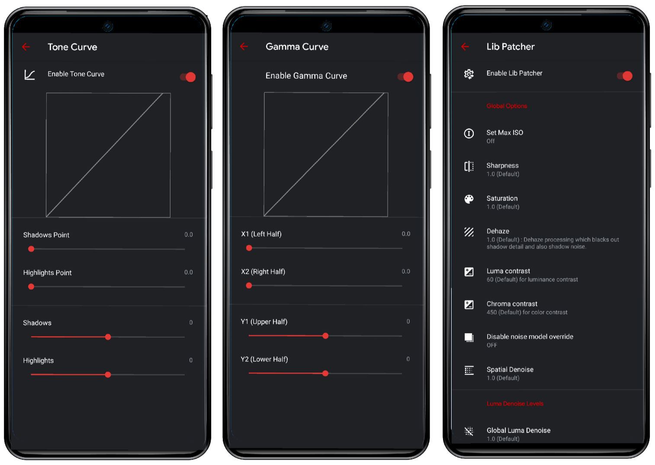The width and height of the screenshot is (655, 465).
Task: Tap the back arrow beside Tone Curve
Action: (x=26, y=47)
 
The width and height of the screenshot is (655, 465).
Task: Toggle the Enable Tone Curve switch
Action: (x=188, y=77)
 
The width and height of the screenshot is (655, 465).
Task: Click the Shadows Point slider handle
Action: (x=31, y=249)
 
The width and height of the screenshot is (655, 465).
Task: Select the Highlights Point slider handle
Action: (x=31, y=287)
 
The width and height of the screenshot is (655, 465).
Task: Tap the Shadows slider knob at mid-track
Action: (x=108, y=337)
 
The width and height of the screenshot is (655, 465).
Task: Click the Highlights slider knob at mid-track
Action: (x=108, y=375)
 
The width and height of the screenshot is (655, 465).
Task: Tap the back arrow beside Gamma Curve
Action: (x=244, y=46)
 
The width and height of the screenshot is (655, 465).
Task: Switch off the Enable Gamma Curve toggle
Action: (x=405, y=77)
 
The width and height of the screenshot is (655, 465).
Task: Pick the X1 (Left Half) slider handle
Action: (x=249, y=248)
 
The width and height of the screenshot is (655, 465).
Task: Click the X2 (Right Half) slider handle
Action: (x=249, y=286)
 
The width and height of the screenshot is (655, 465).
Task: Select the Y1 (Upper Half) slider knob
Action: (x=325, y=336)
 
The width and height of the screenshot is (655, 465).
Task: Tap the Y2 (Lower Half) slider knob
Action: (x=325, y=373)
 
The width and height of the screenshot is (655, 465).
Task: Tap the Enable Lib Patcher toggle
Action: (x=625, y=76)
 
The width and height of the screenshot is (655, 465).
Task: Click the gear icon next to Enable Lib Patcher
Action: (x=469, y=74)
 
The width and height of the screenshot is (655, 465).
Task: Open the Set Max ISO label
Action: (x=505, y=132)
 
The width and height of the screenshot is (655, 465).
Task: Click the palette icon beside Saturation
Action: (x=469, y=199)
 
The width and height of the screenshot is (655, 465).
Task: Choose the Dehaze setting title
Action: (x=498, y=231)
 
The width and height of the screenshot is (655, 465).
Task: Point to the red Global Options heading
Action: (x=507, y=106)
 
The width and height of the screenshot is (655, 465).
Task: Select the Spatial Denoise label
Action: (x=510, y=370)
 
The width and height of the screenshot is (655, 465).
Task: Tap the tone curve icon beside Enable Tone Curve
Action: (x=29, y=75)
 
